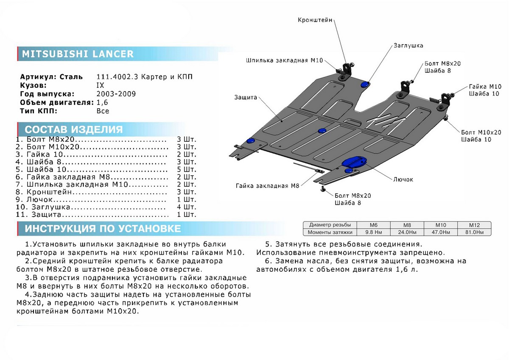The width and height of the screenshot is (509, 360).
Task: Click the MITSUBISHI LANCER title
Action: tap(78, 54)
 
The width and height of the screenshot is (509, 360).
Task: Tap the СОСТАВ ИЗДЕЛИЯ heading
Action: tap(73, 129)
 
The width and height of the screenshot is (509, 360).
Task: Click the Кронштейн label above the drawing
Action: tap(315, 20)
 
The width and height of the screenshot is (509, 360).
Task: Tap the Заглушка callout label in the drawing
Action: tap(408, 45)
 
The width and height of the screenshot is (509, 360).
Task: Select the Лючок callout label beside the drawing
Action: tap(403, 179)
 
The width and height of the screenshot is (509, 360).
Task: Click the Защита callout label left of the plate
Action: tap(246, 97)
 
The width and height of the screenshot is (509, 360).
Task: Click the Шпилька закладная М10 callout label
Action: tap(282, 60)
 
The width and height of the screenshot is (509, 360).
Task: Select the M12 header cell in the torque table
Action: tap(474, 225)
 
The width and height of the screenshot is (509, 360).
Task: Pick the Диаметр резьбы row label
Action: tap(330, 225)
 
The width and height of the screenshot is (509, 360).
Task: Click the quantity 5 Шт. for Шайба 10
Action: tap(187, 169)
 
